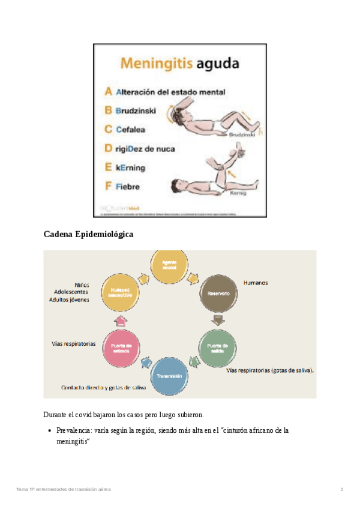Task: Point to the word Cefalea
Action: (x=130, y=129)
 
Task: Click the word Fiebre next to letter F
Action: (x=128, y=186)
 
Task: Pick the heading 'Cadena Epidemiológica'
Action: (x=88, y=235)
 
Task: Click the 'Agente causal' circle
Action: (x=170, y=267)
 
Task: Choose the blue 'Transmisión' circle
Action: (x=170, y=376)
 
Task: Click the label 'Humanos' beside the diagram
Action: (x=255, y=282)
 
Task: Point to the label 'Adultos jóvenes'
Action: (x=70, y=299)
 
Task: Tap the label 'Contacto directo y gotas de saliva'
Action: (x=103, y=387)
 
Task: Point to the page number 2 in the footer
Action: (x=341, y=490)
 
